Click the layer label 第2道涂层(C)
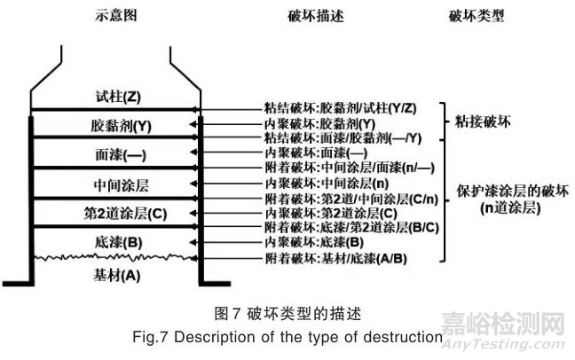121,213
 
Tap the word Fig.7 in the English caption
178,338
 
